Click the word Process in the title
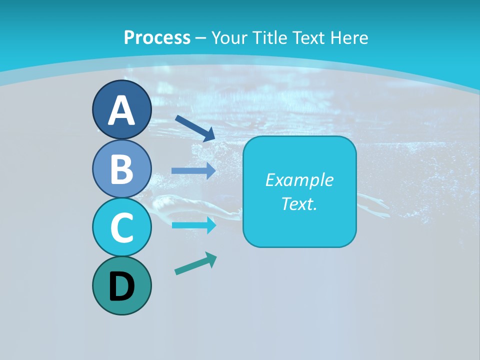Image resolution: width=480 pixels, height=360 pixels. (157, 37)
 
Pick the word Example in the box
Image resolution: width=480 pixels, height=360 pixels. (299, 180)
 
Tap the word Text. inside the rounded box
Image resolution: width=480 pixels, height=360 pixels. (299, 203)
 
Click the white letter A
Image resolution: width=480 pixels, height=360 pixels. (122, 111)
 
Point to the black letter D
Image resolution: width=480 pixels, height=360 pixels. (122, 287)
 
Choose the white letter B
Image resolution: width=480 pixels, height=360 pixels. (122, 169)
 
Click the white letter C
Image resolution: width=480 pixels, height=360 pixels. (122, 227)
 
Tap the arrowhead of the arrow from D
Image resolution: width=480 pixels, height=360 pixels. (211, 258)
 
